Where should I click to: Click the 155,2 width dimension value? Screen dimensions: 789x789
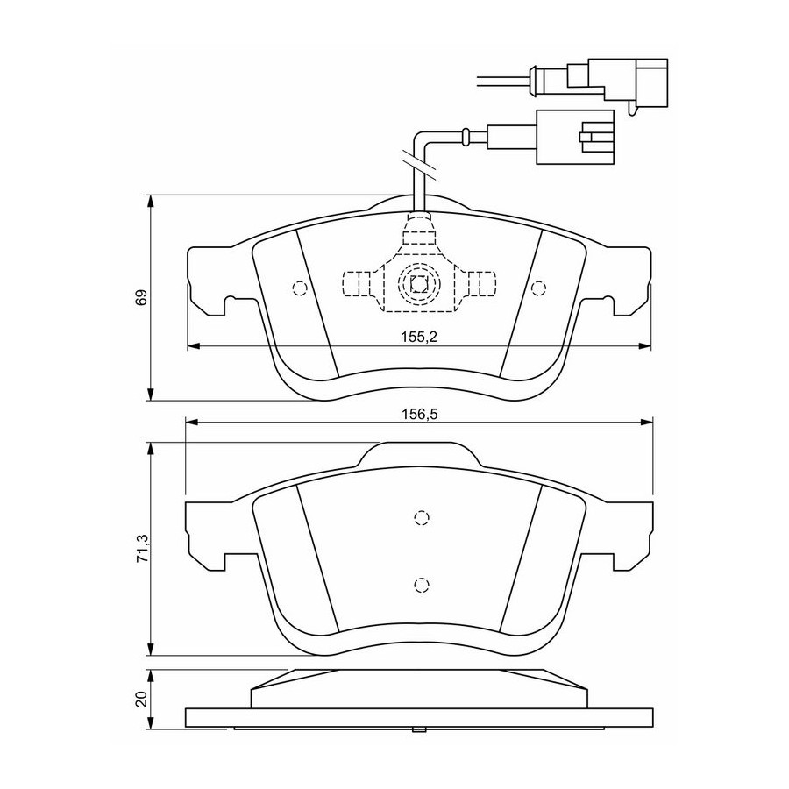click(419, 338)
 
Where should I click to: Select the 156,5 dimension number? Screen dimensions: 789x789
click(420, 414)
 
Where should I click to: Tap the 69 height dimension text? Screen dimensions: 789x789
click(141, 297)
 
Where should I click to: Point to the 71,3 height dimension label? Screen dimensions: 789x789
click(143, 549)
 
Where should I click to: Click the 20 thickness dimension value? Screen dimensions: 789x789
click(142, 699)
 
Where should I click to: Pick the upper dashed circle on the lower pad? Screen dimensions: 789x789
click(421, 518)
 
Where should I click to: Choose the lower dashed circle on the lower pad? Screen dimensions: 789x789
click(421, 585)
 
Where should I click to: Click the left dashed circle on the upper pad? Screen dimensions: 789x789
click(300, 288)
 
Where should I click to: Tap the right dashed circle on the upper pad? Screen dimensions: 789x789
click(538, 288)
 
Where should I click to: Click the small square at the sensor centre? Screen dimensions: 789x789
click(419, 284)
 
